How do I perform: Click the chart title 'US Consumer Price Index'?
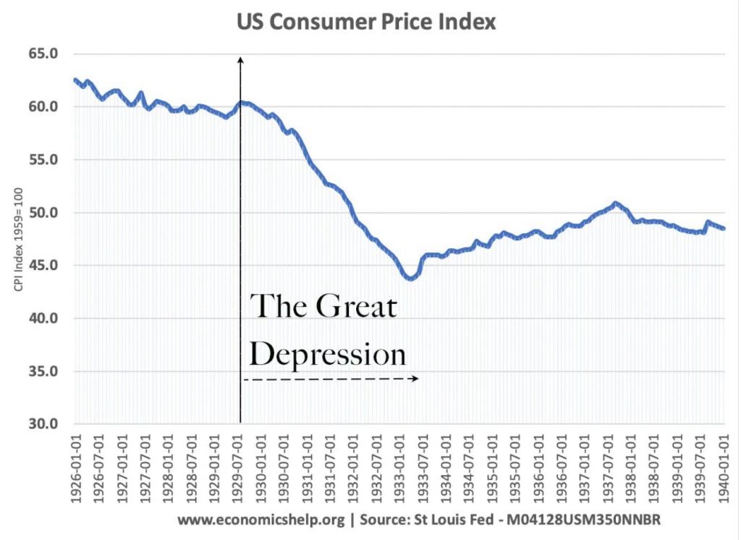tap(366, 22)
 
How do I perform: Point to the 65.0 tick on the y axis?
tap(43, 54)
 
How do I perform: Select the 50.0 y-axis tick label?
tap(43, 213)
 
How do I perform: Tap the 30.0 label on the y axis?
tap(43, 423)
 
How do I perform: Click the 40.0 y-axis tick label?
tap(43, 318)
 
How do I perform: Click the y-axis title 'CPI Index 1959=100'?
tap(18, 240)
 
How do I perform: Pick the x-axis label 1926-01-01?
tap(77, 469)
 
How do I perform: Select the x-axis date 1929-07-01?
tap(239, 469)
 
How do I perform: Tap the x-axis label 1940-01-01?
tap(724, 469)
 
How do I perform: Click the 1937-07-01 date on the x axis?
tap(609, 469)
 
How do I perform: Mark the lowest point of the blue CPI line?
tap(410, 279)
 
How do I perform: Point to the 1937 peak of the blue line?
tap(615, 203)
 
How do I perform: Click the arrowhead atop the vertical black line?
tap(240, 59)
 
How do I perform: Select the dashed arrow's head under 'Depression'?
tap(416, 379)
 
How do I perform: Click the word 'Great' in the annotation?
tap(356, 306)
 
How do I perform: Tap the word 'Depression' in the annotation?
tap(328, 355)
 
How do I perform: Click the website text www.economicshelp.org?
tap(261, 520)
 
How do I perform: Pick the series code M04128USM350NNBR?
tap(583, 520)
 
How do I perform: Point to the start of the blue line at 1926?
tap(75, 80)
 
